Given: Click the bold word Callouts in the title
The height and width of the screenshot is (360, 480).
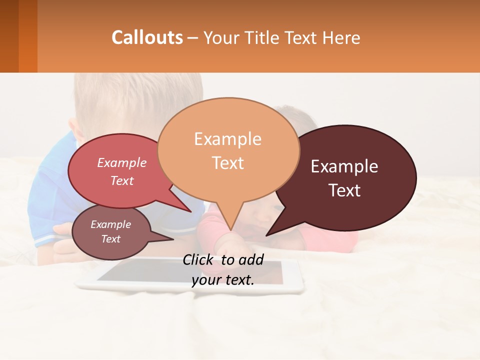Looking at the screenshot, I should [x=147, y=37].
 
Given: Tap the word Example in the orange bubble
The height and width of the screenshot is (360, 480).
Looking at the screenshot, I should [x=227, y=139].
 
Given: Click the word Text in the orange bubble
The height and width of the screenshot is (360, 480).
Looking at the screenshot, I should [x=227, y=162].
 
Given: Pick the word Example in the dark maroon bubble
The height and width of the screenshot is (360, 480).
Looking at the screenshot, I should [x=344, y=166].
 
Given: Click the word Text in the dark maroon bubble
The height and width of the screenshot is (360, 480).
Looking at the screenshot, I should [x=344, y=190].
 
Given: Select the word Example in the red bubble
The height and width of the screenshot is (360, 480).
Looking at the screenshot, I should [x=121, y=162].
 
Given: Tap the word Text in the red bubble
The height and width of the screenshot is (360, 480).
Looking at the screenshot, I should [x=121, y=180].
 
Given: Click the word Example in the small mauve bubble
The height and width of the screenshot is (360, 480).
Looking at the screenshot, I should [x=110, y=224].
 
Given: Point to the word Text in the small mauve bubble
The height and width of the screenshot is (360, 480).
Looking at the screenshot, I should [x=110, y=239].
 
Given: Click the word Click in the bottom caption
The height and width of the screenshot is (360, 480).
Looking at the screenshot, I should [x=199, y=259].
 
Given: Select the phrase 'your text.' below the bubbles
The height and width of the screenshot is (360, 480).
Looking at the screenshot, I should [x=222, y=280].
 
